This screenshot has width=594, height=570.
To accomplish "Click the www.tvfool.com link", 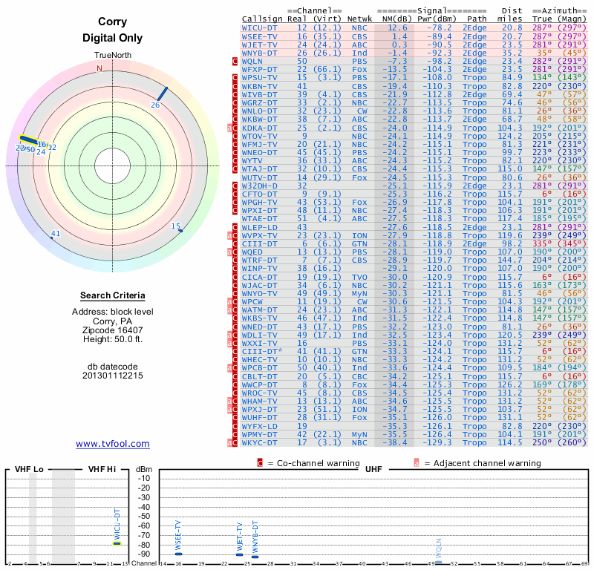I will click(113, 444).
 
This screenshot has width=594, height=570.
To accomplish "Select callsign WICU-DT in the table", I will click(260, 27).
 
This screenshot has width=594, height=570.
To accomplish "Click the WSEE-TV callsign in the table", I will click(260, 36).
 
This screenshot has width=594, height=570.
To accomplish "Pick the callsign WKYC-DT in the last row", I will click(260, 442).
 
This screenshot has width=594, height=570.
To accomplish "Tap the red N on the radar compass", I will click(99, 68).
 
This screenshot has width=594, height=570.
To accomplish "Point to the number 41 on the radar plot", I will click(55, 234).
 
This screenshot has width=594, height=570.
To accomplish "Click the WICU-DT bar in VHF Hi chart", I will click(117, 543).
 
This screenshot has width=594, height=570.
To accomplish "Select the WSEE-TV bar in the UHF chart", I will click(178, 554).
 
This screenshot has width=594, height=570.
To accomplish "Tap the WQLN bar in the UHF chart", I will click(438, 562).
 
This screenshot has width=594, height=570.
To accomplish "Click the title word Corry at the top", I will click(112, 22).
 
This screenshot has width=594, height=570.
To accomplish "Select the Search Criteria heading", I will click(113, 295).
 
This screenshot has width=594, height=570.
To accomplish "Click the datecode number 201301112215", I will click(113, 376).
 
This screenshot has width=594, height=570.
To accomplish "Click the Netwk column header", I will click(359, 18).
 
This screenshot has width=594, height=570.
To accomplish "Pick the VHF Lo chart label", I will click(29, 469).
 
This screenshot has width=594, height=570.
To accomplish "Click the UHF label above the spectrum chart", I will click(373, 469).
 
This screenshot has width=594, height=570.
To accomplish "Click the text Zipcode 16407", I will click(113, 330).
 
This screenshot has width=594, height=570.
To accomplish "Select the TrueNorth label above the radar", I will click(112, 56).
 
